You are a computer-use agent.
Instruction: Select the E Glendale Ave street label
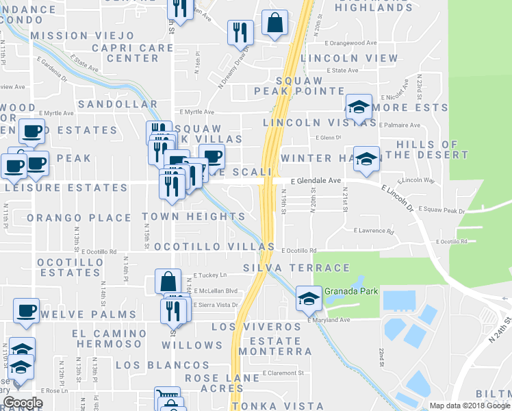[315, 181]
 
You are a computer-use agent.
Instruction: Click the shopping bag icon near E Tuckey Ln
[168, 281]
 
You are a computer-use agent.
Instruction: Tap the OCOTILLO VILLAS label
[214, 247]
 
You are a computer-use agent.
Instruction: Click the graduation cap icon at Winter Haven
[366, 159]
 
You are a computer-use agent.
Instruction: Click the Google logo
[23, 403]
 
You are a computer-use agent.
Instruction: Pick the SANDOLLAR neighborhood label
[118, 104]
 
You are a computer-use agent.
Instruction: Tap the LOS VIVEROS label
[255, 327]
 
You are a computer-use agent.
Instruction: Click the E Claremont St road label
[283, 373]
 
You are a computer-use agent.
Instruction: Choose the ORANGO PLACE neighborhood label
[79, 218]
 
